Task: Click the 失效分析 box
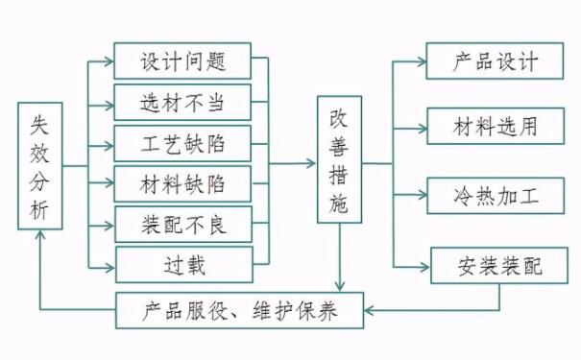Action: pos(40,166)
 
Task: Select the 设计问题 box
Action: pos(182,61)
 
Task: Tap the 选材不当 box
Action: pos(182,102)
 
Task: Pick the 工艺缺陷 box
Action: pos(182,143)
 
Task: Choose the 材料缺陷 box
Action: pos(182,183)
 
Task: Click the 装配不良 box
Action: pos(182,225)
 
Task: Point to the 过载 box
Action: pos(182,264)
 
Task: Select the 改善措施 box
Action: pos(340,159)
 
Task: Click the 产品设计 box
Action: pos(496,61)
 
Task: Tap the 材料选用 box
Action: pos(496,125)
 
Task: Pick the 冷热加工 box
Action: pos(496,196)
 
